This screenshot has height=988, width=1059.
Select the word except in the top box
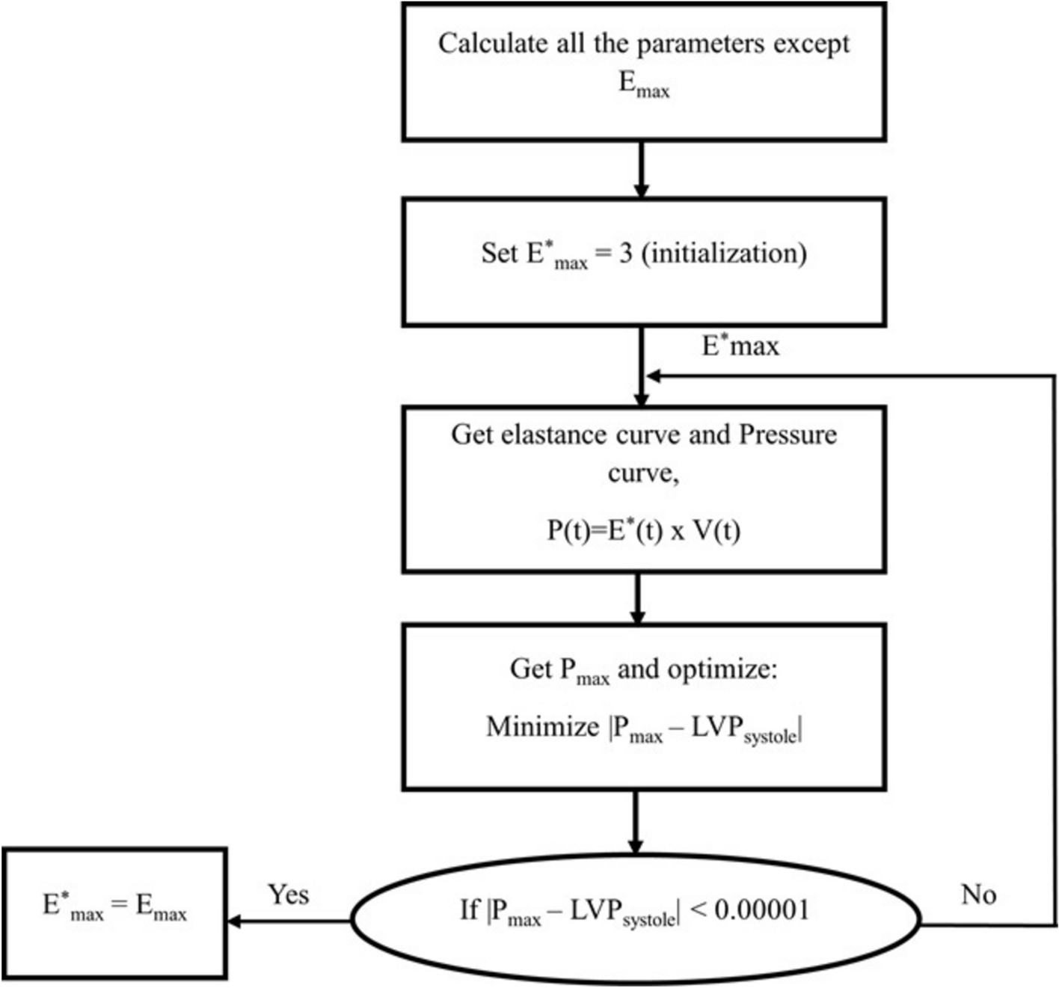(811, 43)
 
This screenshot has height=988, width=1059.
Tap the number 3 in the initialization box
(625, 253)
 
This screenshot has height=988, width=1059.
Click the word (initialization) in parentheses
(724, 253)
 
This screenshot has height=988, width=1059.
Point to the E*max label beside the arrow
(740, 346)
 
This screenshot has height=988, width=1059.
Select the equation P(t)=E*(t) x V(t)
(643, 530)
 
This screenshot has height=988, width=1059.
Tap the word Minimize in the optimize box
(542, 726)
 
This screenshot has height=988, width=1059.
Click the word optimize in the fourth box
(722, 668)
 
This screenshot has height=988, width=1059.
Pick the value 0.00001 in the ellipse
(761, 909)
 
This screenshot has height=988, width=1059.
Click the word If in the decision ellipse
(469, 909)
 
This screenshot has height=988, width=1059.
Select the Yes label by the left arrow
(289, 894)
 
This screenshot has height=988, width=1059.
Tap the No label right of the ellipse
(978, 894)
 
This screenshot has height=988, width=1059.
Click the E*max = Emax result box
(114, 912)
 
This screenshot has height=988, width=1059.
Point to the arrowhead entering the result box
(234, 921)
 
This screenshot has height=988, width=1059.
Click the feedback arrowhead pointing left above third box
(654, 376)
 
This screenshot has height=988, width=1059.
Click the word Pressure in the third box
(788, 435)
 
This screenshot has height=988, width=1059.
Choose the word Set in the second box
(499, 253)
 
